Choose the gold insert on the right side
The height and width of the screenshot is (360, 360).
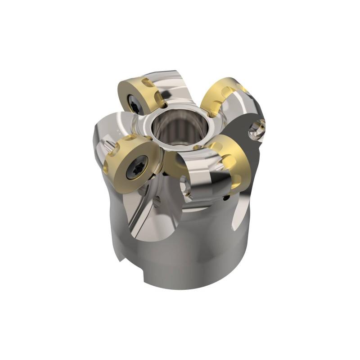[232, 160]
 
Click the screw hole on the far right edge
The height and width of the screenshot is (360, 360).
[257, 130]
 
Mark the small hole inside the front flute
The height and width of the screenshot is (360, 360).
[157, 202]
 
